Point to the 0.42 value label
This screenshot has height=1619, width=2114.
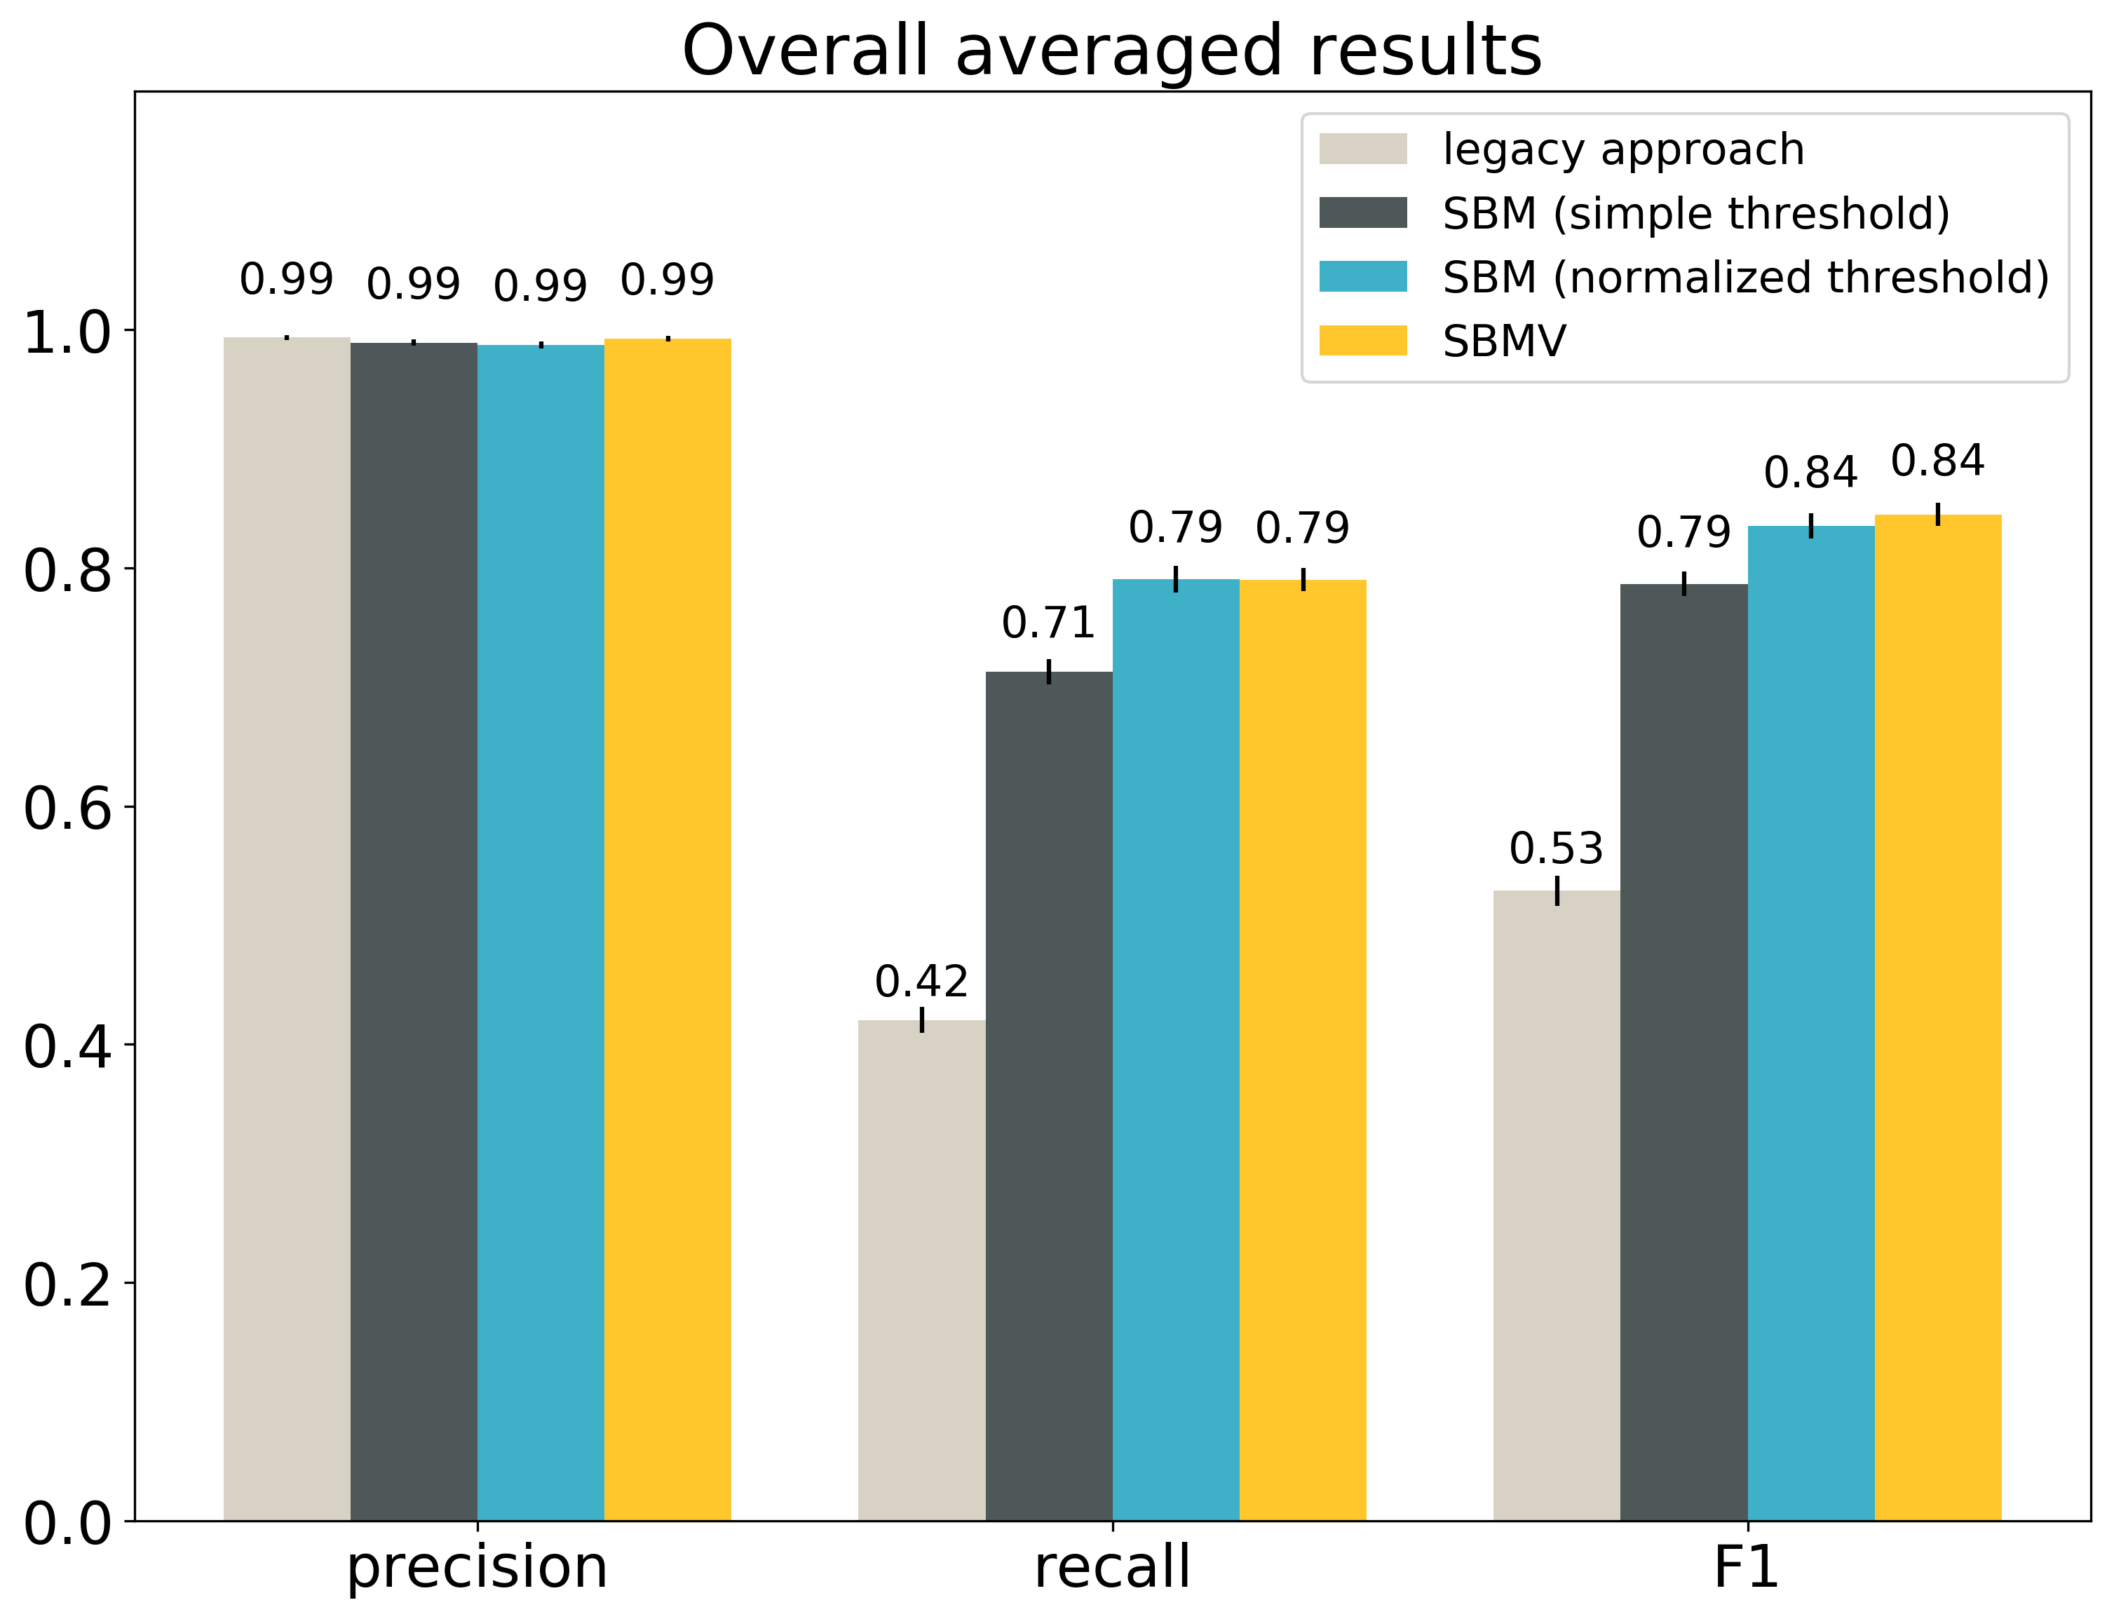921,982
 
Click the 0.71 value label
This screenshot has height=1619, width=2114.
1048,623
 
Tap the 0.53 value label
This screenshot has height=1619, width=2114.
1556,849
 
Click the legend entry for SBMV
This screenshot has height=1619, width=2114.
1503,341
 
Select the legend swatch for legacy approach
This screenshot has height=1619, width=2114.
1362,149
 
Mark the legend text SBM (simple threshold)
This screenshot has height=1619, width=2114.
1696,213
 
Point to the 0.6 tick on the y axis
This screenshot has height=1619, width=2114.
67,808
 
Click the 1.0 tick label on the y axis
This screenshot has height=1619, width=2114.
67,334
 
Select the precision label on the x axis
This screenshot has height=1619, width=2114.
477,1567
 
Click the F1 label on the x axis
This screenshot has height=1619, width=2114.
1746,1567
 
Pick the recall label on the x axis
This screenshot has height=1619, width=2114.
1112,1567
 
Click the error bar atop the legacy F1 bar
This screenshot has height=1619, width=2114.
1557,890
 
